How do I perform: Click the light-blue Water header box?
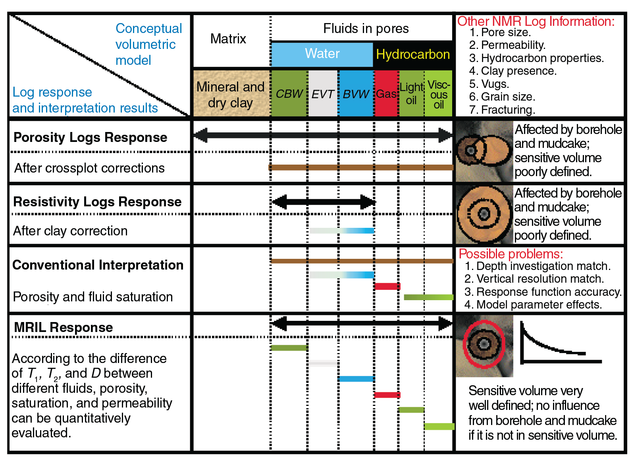point(322,54)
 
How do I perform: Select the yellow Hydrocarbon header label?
point(413,54)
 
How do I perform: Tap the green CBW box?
point(289,94)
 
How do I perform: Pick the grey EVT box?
point(322,94)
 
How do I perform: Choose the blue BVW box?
point(356,94)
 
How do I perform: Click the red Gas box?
point(386,94)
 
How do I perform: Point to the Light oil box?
point(411,94)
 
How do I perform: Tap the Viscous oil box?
point(439,94)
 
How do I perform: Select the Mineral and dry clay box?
point(231,94)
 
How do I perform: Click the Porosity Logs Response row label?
point(90,137)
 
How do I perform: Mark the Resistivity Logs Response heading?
point(97,202)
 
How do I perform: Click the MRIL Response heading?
point(64,327)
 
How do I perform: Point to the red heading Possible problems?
point(511,254)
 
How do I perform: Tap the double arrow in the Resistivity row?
point(323,202)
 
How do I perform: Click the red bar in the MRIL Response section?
point(387,395)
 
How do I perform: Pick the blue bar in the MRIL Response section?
point(356,378)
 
